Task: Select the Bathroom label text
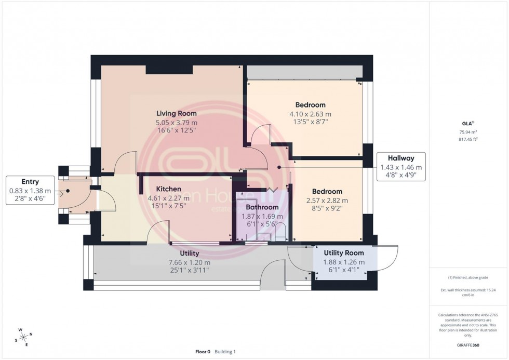(x=262, y=207)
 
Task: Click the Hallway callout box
(x=400, y=167)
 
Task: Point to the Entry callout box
(x=30, y=191)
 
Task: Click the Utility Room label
(x=344, y=253)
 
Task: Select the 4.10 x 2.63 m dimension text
(x=310, y=114)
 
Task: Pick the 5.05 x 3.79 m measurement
(x=177, y=123)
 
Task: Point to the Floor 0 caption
(x=203, y=351)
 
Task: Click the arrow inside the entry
(x=63, y=193)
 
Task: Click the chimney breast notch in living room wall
(x=169, y=70)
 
